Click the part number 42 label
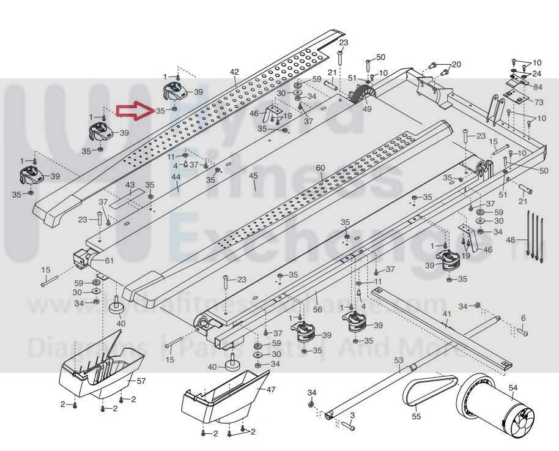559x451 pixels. [x=234, y=72]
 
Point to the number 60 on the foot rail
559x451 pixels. [x=320, y=168]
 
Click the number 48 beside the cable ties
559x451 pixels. [x=512, y=240]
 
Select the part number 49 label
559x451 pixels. [x=367, y=110]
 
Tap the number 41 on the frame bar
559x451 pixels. [x=447, y=315]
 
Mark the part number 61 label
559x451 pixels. [x=109, y=261]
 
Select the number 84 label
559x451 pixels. [x=538, y=87]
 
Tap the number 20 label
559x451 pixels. [x=456, y=64]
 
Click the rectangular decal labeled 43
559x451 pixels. [x=130, y=195]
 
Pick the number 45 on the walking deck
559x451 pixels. [x=254, y=176]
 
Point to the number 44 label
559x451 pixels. [x=176, y=177]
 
